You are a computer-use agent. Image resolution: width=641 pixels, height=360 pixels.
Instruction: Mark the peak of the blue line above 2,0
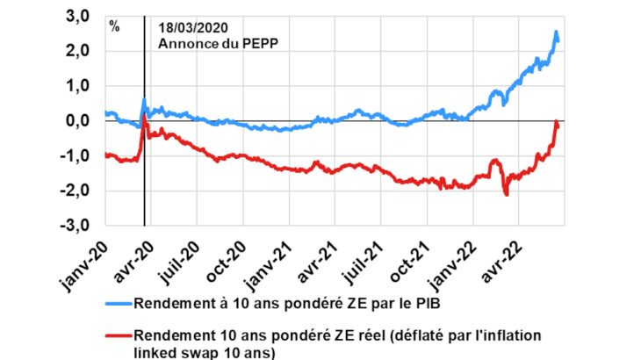click(x=557, y=32)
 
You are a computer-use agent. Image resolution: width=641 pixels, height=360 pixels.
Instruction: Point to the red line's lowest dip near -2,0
click(x=506, y=194)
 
